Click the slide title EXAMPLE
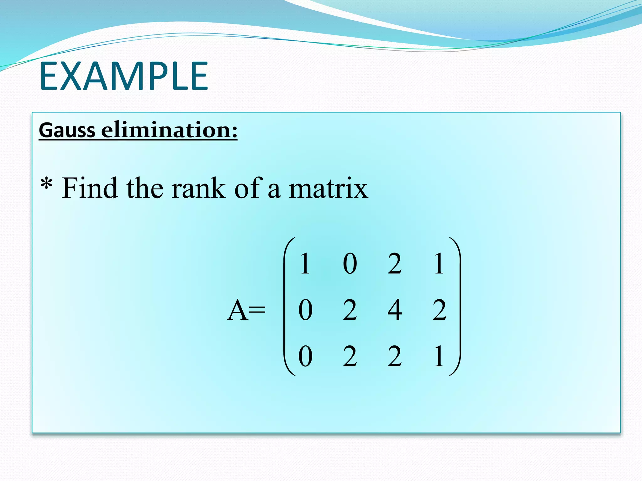[x=124, y=76]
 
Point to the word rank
[x=198, y=189]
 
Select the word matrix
[x=328, y=189]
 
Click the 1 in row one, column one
[x=305, y=264]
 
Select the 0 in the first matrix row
[x=350, y=264]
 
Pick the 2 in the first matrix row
[x=394, y=264]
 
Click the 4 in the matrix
[x=395, y=310]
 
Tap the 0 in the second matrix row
[x=305, y=310]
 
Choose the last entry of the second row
[x=439, y=310]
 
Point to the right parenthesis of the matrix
[x=457, y=307]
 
